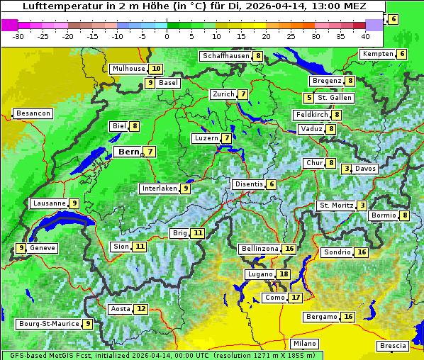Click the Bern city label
point(128,152)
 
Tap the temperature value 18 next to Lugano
point(284,274)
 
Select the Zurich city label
point(223,94)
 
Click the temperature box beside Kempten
point(402,54)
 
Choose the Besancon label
point(33,113)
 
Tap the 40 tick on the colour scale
point(365,35)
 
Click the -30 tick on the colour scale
point(18,35)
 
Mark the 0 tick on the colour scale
point(167,35)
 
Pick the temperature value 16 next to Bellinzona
point(289,249)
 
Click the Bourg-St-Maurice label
point(48,324)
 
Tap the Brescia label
point(393,346)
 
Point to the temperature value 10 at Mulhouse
point(156,69)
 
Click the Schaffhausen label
point(225,56)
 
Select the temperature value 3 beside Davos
point(347,169)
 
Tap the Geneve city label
point(43,248)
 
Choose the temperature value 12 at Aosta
point(142,309)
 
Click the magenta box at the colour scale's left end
point(9,25)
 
